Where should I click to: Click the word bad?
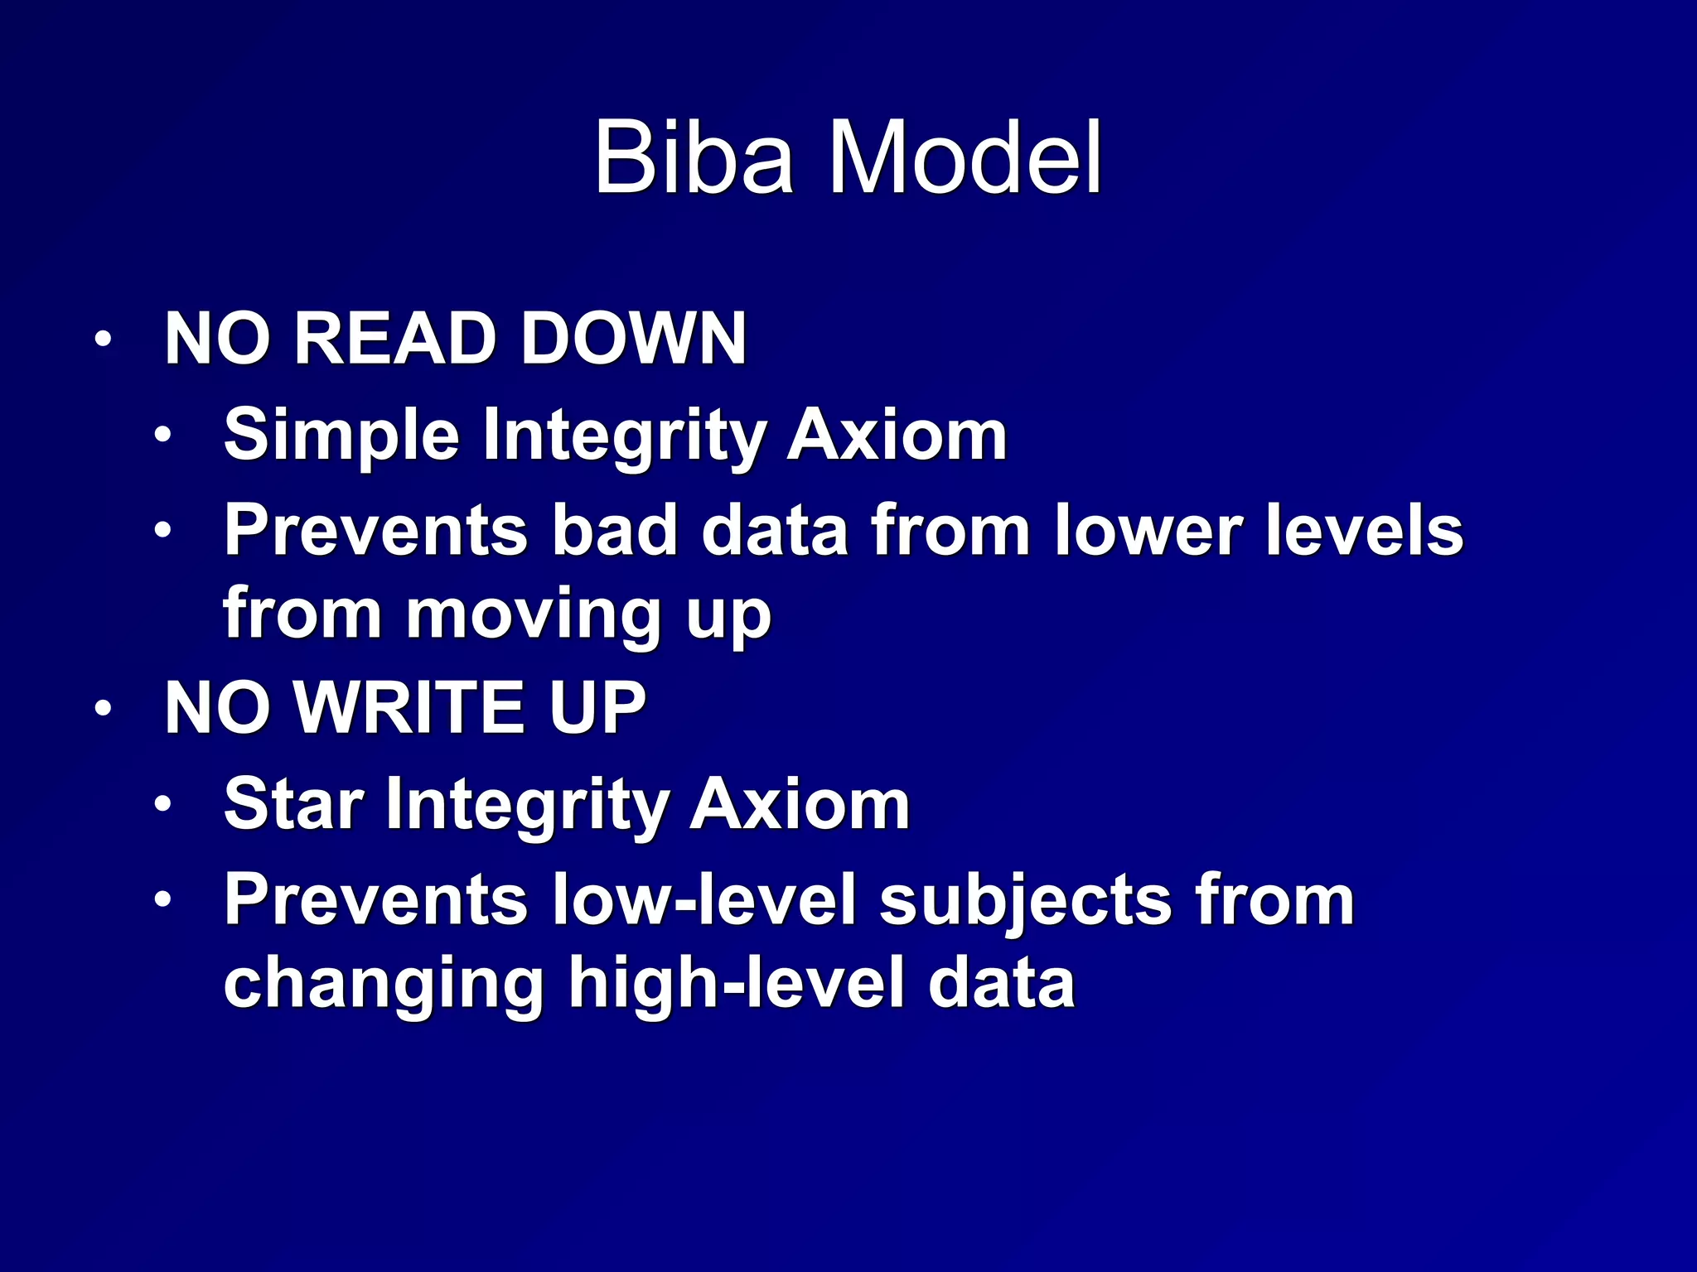(x=615, y=530)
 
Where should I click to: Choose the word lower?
(x=1148, y=530)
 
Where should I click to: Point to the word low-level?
(x=703, y=900)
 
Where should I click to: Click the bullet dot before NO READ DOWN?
(x=103, y=340)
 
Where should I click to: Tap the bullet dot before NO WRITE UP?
(x=103, y=709)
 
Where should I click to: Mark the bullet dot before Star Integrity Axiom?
(x=163, y=804)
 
